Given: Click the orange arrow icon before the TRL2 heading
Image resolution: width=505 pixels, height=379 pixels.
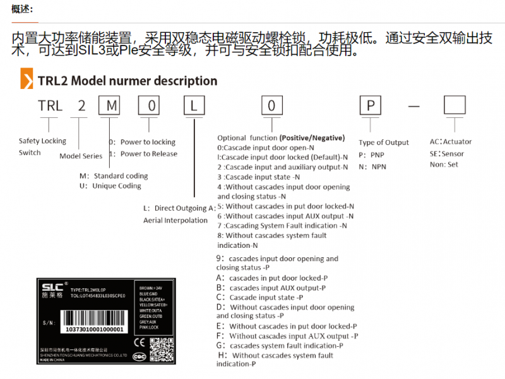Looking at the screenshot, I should click(x=27, y=80).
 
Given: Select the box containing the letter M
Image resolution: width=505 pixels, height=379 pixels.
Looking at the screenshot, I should click(x=110, y=105).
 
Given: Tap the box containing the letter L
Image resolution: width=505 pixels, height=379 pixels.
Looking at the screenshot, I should click(x=193, y=105).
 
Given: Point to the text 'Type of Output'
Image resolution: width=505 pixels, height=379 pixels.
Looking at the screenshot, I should click(x=384, y=143).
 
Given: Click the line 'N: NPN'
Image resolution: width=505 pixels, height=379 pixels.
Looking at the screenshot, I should click(x=372, y=166).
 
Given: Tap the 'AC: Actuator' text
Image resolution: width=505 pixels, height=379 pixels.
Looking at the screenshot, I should click(x=450, y=142).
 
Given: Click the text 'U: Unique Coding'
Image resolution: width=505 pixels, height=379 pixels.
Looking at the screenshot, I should click(x=110, y=186).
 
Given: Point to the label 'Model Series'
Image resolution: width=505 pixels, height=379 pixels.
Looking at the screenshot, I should click(x=81, y=156).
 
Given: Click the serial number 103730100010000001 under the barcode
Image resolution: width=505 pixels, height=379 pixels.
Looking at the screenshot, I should click(x=94, y=329).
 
